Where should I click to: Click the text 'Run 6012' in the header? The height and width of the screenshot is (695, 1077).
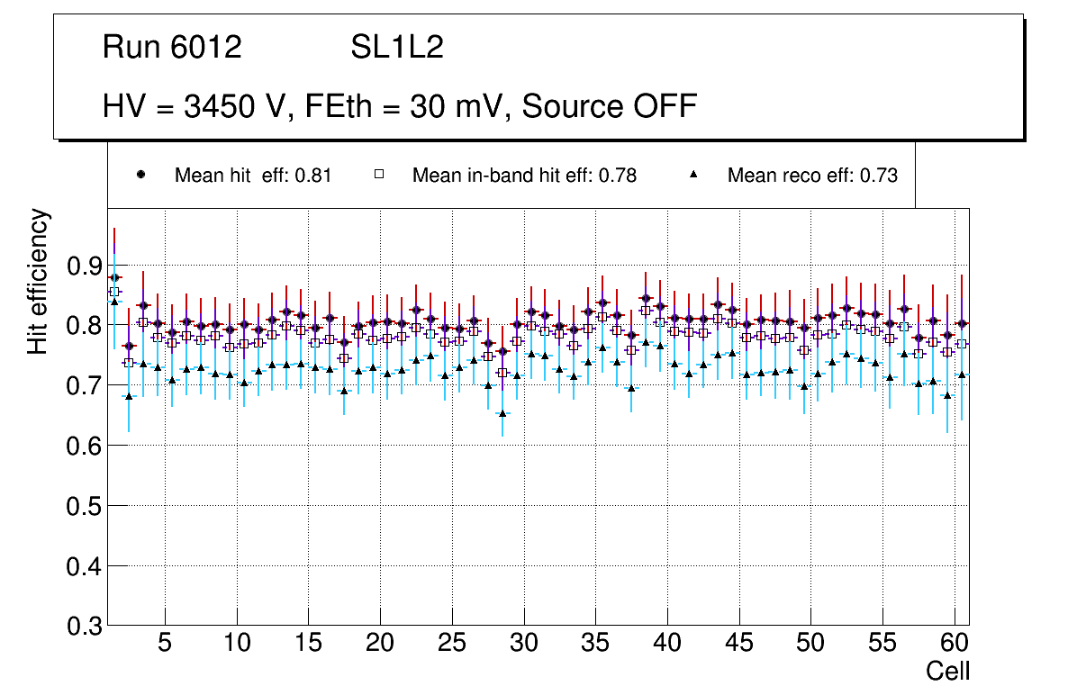(x=172, y=48)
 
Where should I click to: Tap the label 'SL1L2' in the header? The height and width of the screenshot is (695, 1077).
(x=397, y=48)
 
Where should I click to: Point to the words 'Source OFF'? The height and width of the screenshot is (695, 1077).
(x=610, y=106)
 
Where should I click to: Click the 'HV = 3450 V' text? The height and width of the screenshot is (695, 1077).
(x=193, y=106)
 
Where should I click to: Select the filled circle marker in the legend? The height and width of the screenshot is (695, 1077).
(x=140, y=176)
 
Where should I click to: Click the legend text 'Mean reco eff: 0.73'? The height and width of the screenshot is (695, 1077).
(x=812, y=176)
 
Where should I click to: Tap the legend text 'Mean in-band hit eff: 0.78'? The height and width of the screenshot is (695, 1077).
(x=524, y=176)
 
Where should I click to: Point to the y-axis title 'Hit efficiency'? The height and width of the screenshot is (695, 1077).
(x=39, y=281)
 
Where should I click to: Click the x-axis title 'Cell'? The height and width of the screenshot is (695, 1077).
(x=948, y=671)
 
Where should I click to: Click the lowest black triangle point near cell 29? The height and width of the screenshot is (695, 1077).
(x=502, y=413)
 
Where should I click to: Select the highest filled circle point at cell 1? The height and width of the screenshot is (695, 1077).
(x=114, y=277)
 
